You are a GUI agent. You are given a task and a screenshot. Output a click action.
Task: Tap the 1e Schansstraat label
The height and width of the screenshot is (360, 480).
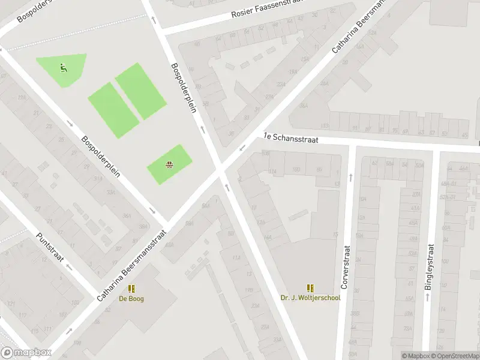pyautogui.click(x=290, y=138)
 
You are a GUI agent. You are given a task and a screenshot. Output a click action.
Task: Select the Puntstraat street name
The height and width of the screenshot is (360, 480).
pyautogui.click(x=50, y=251)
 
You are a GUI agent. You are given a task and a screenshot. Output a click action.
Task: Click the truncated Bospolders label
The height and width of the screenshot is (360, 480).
pyautogui.click(x=34, y=10)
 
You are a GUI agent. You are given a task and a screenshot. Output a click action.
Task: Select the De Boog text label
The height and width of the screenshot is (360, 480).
pyautogui.click(x=131, y=298)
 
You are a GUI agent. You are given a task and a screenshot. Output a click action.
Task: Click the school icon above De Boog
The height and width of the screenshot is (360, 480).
pyautogui.click(x=131, y=289)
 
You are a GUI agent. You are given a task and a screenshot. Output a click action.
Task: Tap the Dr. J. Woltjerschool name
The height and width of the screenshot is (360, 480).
pyautogui.click(x=310, y=298)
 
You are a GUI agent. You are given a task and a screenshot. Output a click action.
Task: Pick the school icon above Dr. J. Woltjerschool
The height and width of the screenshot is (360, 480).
pyautogui.click(x=310, y=288)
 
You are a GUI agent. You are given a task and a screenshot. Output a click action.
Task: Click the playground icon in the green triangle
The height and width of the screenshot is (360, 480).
pyautogui.click(x=63, y=67)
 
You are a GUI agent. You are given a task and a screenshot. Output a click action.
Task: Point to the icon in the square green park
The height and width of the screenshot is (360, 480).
pyautogui.click(x=170, y=163)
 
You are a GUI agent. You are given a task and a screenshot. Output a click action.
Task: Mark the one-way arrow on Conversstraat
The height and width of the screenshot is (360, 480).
pyautogui.click(x=350, y=178)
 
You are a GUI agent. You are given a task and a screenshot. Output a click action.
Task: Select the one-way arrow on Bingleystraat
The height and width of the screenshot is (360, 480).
pyautogui.click(x=427, y=296)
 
